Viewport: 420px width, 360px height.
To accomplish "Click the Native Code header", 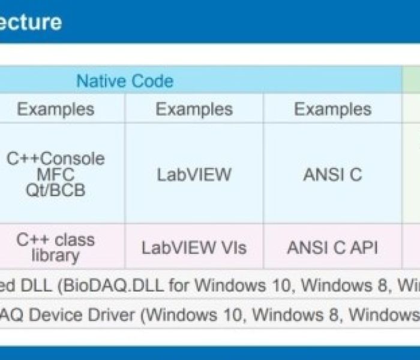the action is pos(125,80).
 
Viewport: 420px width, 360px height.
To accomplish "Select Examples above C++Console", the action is pos(56,109).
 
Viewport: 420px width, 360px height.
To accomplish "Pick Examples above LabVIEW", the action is pos(194,109).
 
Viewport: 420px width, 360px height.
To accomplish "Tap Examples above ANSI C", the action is pos(332,109).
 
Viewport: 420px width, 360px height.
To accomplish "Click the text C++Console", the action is pos(56,158).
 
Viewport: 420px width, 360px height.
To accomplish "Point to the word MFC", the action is pos(55,175).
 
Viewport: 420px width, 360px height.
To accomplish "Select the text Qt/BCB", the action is pos(55,190).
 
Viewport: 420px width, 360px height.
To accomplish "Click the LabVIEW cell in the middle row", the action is pos(194,175).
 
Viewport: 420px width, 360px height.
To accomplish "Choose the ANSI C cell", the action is pos(332,175).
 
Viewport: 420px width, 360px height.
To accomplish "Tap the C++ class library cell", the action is pos(55,247).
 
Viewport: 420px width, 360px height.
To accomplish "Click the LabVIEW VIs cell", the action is pos(194,247).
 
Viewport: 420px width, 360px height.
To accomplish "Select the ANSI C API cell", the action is pos(332,247).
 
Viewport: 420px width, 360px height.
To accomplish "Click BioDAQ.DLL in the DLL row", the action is pos(113,286).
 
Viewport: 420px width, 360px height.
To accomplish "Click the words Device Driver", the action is pos(82,315).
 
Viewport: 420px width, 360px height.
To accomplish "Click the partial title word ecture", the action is pos(31,22).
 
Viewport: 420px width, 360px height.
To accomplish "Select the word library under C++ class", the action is pos(55,256).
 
